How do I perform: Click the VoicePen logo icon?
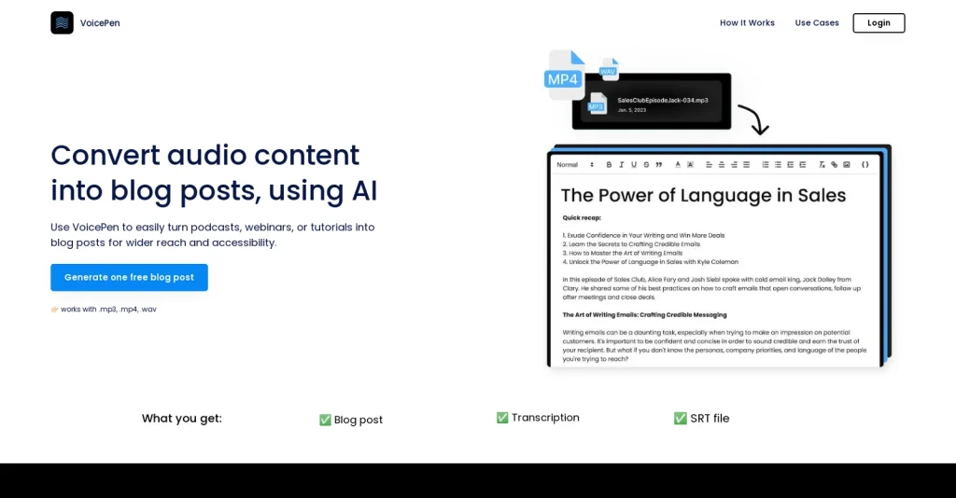62,22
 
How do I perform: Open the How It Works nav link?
747,23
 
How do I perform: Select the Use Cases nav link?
817,23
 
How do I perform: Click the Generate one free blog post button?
129,277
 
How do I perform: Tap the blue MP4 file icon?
564,76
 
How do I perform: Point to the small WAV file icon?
609,70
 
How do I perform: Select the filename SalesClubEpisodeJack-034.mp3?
662,99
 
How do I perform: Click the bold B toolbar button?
609,165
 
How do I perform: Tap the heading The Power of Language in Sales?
703,196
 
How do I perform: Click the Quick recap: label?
582,217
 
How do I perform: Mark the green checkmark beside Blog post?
325,420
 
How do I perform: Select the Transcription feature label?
545,418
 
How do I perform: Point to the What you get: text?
182,419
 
